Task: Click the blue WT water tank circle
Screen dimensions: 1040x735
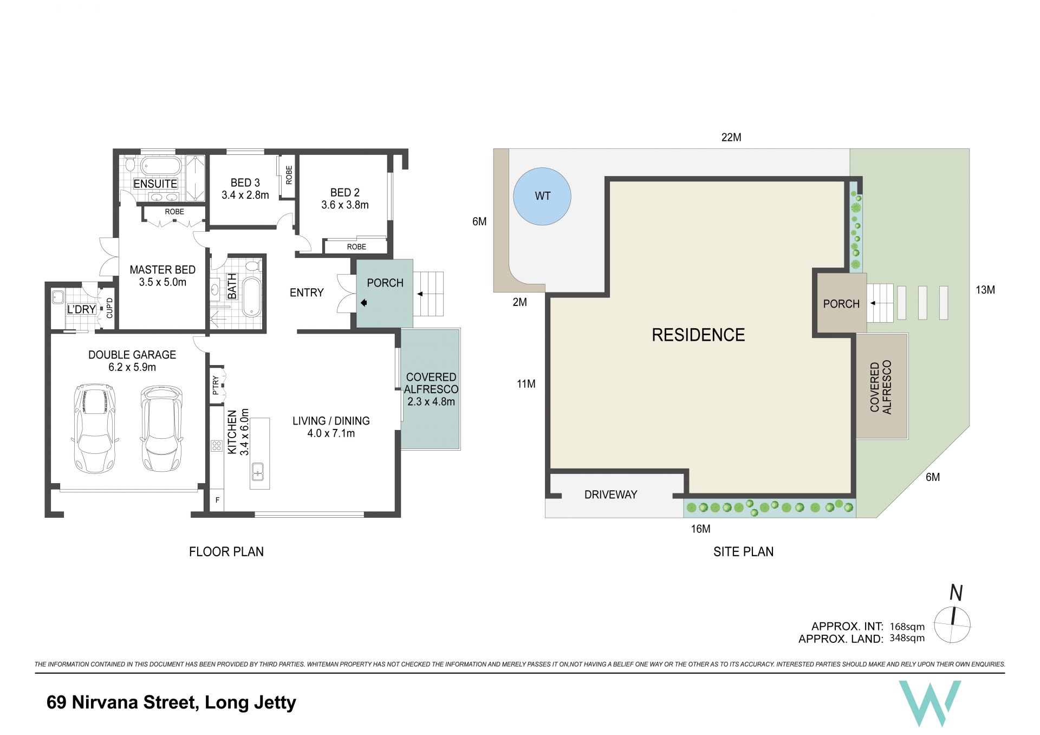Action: click(542, 196)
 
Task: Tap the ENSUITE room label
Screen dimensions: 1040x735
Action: click(155, 184)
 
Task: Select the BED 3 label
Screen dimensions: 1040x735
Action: click(245, 183)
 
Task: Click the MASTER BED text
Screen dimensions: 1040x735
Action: click(162, 270)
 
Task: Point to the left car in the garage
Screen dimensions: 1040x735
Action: click(95, 428)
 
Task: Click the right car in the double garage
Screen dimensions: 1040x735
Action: click(161, 428)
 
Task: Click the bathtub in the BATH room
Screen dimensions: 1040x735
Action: click(251, 296)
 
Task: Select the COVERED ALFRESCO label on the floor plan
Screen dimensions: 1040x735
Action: click(431, 383)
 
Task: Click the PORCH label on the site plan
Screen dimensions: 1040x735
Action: click(841, 304)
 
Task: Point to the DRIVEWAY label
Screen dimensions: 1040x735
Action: click(610, 495)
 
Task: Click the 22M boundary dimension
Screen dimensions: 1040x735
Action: click(731, 138)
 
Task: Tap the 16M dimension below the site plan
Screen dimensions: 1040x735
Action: click(700, 529)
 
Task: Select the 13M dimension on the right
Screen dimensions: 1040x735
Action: click(985, 290)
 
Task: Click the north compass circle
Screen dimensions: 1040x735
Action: click(952, 625)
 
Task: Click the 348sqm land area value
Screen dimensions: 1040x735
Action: click(907, 638)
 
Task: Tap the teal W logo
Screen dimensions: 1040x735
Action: click(929, 703)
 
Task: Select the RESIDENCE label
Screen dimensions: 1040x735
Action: click(698, 335)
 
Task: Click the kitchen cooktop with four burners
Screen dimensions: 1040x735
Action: click(217, 446)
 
